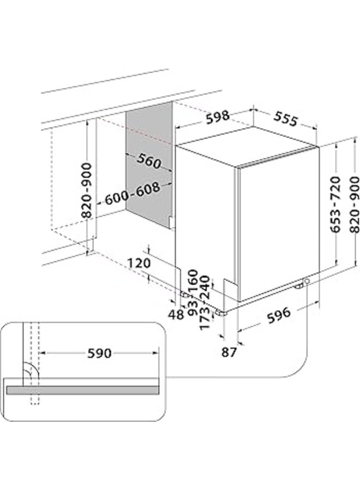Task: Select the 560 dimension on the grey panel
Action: (148, 161)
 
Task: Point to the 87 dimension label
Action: (230, 352)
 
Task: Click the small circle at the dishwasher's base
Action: (308, 282)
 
